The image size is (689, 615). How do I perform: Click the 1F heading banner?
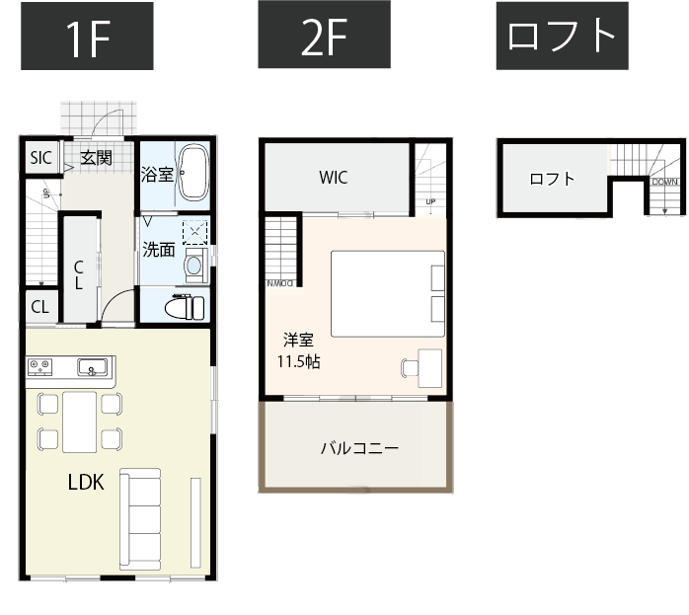(87, 37)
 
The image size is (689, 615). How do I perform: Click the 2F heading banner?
(324, 37)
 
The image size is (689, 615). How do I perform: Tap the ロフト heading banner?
(562, 37)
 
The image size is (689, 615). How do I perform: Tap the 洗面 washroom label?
(159, 250)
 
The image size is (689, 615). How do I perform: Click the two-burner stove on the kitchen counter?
(40, 367)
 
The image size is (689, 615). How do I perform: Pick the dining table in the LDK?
(80, 421)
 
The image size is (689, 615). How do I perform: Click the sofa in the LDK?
(140, 518)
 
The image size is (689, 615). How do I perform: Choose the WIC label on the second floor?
(333, 179)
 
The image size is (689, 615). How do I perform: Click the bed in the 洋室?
(387, 293)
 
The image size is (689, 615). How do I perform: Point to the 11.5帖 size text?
(297, 361)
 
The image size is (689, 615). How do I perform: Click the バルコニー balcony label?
(359, 448)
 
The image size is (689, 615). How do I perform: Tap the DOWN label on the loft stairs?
(664, 183)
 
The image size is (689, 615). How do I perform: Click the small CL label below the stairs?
(39, 306)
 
